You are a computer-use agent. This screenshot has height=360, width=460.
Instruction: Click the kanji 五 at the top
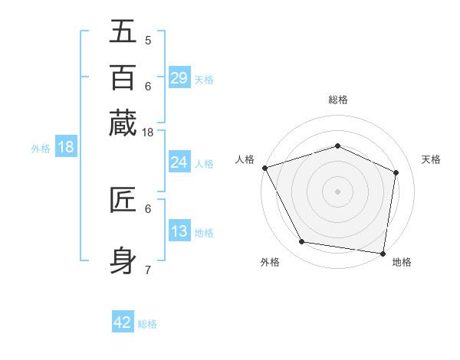(123, 33)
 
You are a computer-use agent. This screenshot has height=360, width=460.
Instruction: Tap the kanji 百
(123, 78)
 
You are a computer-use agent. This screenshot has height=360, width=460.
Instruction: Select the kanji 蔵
(123, 123)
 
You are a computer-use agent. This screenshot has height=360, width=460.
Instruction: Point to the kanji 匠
(123, 200)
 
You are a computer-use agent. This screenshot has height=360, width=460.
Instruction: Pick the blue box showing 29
(179, 78)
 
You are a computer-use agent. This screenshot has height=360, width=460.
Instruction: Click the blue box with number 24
(179, 162)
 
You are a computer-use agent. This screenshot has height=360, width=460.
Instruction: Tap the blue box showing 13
(179, 231)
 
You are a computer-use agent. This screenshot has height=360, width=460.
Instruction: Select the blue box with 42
(123, 322)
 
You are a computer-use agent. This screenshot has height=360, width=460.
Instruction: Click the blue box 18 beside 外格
(66, 147)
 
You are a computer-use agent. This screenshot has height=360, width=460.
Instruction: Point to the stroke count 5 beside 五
(148, 41)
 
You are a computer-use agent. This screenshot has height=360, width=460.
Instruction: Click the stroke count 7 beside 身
(148, 270)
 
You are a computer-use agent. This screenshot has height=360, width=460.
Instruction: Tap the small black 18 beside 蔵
(148, 133)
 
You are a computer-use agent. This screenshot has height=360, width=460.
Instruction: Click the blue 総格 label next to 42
(147, 324)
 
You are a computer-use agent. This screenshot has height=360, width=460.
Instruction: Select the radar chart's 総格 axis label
(337, 100)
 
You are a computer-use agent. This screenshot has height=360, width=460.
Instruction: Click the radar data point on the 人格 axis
(264, 168)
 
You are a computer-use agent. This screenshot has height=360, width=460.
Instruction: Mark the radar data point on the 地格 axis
(383, 253)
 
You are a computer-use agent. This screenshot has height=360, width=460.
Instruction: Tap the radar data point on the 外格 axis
(302, 242)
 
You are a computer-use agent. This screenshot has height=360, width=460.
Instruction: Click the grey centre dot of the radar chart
(337, 191)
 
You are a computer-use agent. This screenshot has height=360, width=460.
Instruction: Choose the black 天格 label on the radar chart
(432, 159)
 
